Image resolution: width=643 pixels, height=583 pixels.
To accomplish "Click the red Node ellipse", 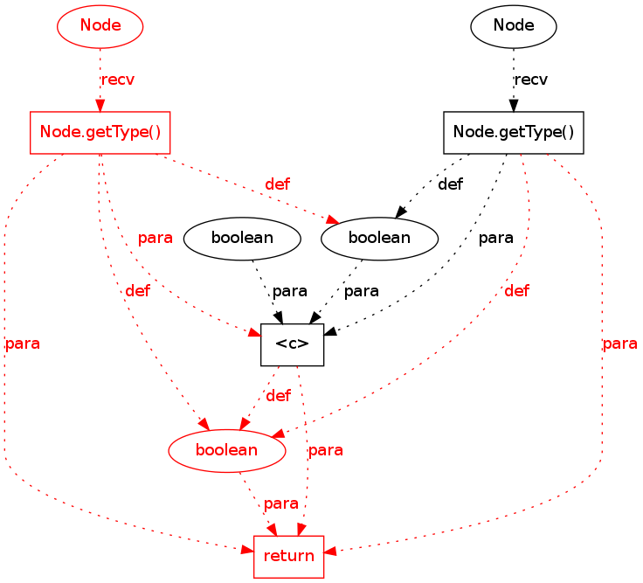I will pyautogui.click(x=100, y=25).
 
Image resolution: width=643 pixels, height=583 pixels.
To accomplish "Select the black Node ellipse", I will pyautogui.click(x=514, y=25).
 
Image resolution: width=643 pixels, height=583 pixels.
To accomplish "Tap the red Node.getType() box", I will pyautogui.click(x=100, y=133).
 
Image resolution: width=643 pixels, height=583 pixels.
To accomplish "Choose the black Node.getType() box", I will pyautogui.click(x=514, y=133).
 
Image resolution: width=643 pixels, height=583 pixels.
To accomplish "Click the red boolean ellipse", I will pyautogui.click(x=227, y=450).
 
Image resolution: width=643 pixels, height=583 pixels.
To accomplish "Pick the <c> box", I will pyautogui.click(x=293, y=344).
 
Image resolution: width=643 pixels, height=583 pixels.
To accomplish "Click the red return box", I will pyautogui.click(x=289, y=557).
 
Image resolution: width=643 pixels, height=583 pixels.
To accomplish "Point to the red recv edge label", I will pyautogui.click(x=118, y=80).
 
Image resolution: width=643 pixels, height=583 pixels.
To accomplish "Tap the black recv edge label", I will pyautogui.click(x=531, y=80).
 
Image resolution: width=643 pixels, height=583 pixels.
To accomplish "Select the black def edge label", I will pyautogui.click(x=450, y=184).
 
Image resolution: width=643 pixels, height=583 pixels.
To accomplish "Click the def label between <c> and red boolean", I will pyautogui.click(x=278, y=396).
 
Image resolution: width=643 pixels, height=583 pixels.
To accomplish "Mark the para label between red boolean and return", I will pyautogui.click(x=280, y=504).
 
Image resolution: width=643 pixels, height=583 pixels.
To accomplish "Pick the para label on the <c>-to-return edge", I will pyautogui.click(x=325, y=451).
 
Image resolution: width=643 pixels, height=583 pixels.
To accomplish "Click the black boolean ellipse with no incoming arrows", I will pyautogui.click(x=243, y=238).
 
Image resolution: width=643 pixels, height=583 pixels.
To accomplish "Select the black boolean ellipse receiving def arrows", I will pyautogui.click(x=379, y=238).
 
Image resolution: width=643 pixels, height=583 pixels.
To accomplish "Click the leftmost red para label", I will pyautogui.click(x=22, y=344).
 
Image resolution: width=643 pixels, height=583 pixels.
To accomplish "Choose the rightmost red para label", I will pyautogui.click(x=619, y=344).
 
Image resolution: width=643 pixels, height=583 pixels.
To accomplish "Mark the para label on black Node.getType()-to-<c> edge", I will pyautogui.click(x=495, y=238).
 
